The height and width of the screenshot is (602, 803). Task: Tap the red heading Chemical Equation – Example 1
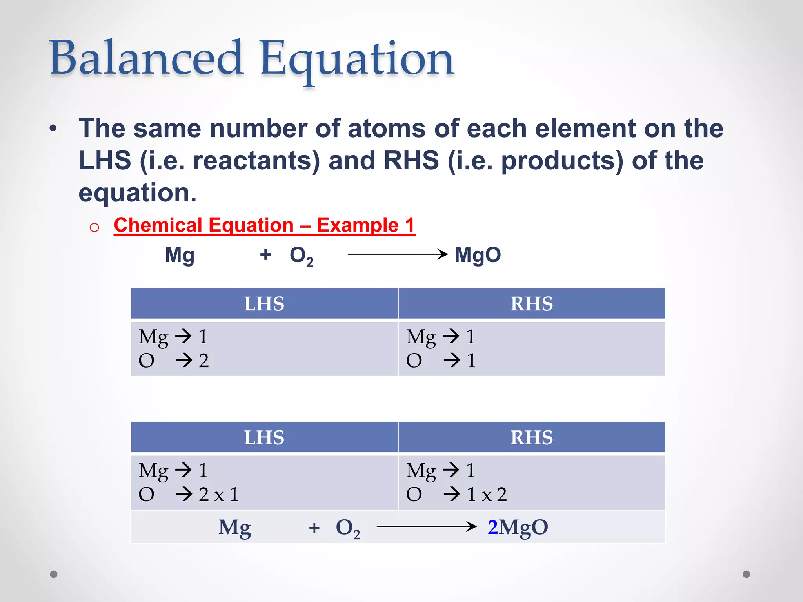[264, 226]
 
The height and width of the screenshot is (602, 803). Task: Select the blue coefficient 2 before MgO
[492, 527]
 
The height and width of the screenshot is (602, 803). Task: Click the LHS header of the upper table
[264, 304]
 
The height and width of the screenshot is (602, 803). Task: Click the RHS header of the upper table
[531, 304]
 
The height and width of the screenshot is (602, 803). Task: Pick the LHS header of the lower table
[264, 437]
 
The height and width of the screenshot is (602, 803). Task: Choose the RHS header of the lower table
[531, 437]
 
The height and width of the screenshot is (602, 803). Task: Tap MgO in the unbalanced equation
[478, 255]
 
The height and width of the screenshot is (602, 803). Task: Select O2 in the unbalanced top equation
[301, 256]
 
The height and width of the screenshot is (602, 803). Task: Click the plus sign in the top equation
[265, 255]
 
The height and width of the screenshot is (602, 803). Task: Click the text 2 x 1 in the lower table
[218, 494]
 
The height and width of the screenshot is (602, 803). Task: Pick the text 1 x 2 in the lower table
[486, 494]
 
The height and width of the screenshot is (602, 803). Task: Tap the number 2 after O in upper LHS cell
[203, 361]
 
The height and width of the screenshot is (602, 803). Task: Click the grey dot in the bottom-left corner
[54, 574]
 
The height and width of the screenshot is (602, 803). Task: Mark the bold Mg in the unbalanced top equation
[180, 256]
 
